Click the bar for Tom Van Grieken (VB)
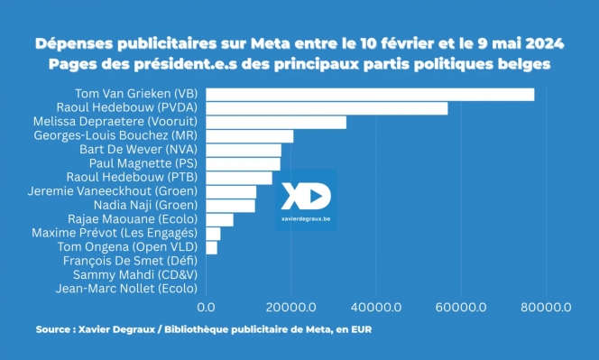[x=370, y=95]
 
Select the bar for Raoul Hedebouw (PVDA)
[x=327, y=108]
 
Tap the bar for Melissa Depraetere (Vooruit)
[x=276, y=123]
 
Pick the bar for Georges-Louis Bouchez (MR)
[x=250, y=136]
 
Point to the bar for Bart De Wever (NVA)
[x=244, y=150]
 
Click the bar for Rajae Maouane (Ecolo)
[x=219, y=219]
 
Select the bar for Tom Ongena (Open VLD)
[x=212, y=247]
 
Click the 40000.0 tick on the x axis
[x=376, y=308]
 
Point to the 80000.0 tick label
[x=546, y=308]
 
